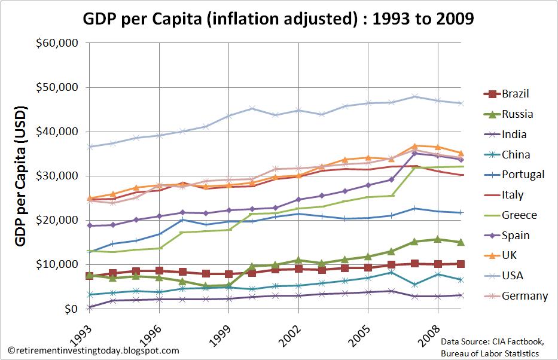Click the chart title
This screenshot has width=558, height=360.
click(279, 19)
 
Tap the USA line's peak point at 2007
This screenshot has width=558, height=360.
click(414, 96)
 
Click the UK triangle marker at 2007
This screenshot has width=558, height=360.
click(414, 146)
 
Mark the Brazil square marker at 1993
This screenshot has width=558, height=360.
click(90, 276)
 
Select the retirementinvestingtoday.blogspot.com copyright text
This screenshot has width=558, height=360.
click(93, 351)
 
